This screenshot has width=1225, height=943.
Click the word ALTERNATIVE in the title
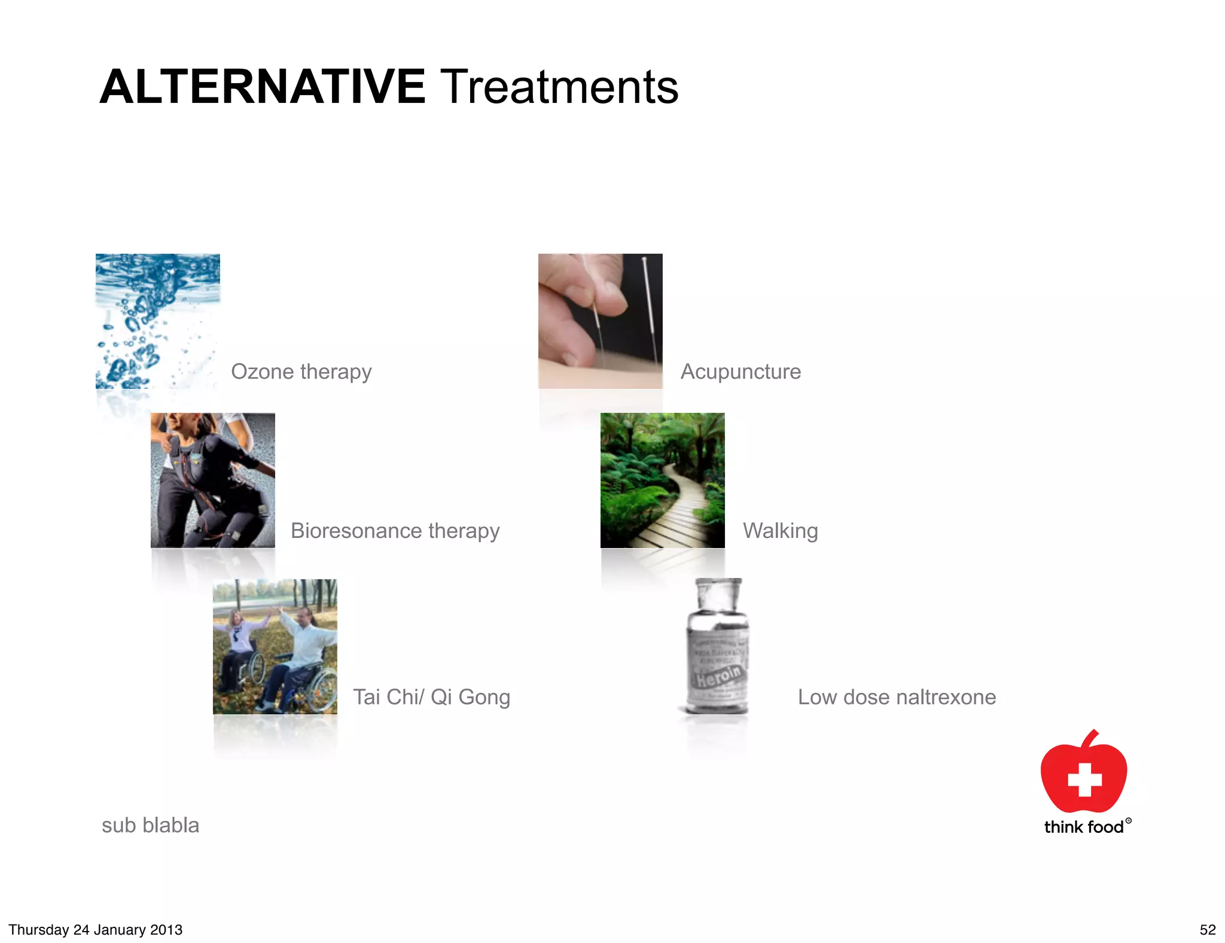(x=262, y=87)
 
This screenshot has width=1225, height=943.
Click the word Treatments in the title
(x=559, y=87)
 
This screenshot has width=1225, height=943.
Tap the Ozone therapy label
(x=301, y=372)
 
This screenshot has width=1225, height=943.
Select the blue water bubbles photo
(x=157, y=321)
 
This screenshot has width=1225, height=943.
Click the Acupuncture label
(x=741, y=372)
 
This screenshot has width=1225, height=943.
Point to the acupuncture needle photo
(x=600, y=321)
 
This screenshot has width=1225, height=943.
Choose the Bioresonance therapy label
(x=395, y=531)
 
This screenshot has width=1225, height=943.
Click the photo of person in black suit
(x=212, y=480)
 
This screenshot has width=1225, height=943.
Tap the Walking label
(x=780, y=531)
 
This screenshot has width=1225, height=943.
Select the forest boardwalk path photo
(x=662, y=480)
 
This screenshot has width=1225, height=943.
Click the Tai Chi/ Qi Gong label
(x=431, y=697)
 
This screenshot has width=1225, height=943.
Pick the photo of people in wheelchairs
(x=275, y=646)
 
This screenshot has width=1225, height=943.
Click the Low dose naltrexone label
(x=897, y=697)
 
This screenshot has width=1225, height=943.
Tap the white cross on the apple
(x=1084, y=779)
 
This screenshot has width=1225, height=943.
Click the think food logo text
(x=1083, y=827)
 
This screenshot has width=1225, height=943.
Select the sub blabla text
(x=150, y=825)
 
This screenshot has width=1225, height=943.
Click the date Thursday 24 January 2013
(x=95, y=930)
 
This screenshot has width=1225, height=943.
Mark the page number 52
(x=1207, y=930)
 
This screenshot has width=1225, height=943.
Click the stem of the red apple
(x=1091, y=738)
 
